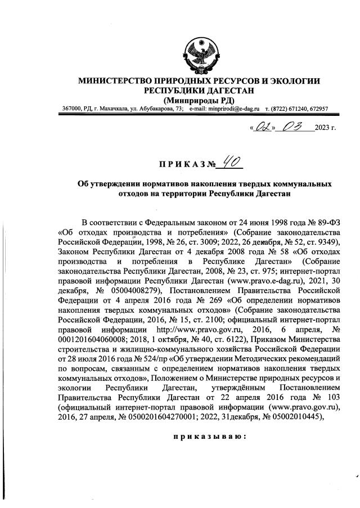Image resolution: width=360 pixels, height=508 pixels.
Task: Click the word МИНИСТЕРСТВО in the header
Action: click(x=116, y=81)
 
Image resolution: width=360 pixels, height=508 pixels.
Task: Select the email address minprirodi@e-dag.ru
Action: click(x=231, y=109)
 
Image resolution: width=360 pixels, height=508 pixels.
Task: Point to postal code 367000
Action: click(x=72, y=109)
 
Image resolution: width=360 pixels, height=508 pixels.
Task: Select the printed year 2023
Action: click(x=322, y=128)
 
